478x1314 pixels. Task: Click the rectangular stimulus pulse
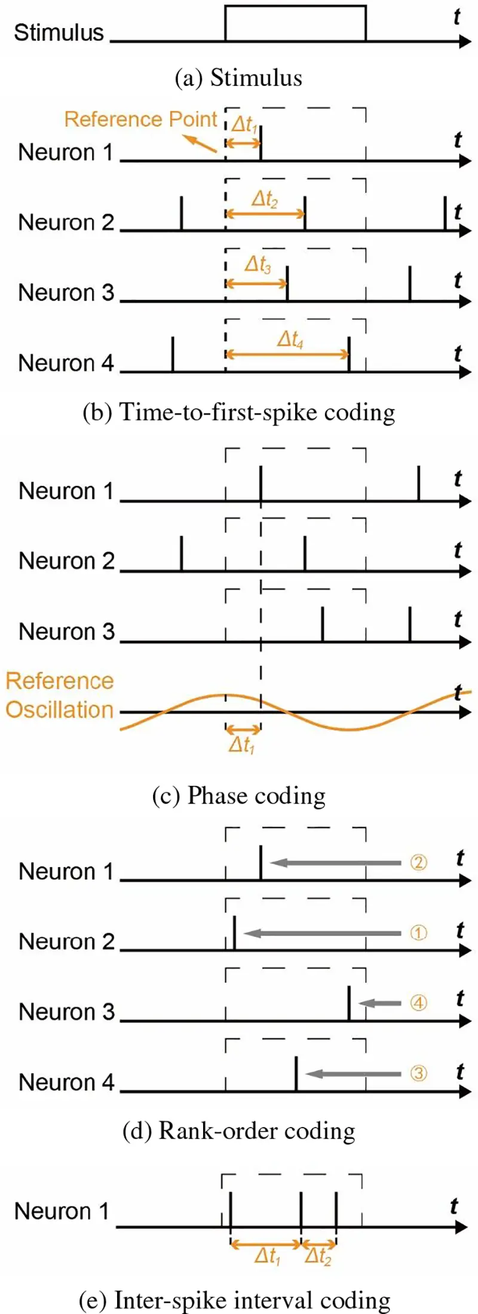[x=295, y=23]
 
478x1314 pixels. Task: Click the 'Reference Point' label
[x=140, y=119]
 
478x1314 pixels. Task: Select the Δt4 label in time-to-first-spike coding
[x=290, y=339]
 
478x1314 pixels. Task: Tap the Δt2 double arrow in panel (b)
[x=265, y=214]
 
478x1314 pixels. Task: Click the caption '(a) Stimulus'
[x=238, y=78]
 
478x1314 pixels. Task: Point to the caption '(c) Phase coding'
[x=238, y=795]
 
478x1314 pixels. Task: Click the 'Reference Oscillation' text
[x=59, y=695]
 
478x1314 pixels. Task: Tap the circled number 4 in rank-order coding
[x=418, y=1002]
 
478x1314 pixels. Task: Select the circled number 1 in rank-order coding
[x=418, y=932]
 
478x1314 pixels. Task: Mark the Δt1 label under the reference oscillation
[x=242, y=745]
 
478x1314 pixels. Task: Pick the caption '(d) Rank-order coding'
[x=238, y=1130]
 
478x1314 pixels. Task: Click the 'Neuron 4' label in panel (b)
[x=66, y=363]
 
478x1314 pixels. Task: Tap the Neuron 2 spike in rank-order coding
[x=234, y=932]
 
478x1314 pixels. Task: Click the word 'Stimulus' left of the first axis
[x=59, y=32]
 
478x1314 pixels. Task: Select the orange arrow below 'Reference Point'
[x=200, y=144]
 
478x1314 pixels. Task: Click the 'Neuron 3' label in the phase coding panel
[x=66, y=631]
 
